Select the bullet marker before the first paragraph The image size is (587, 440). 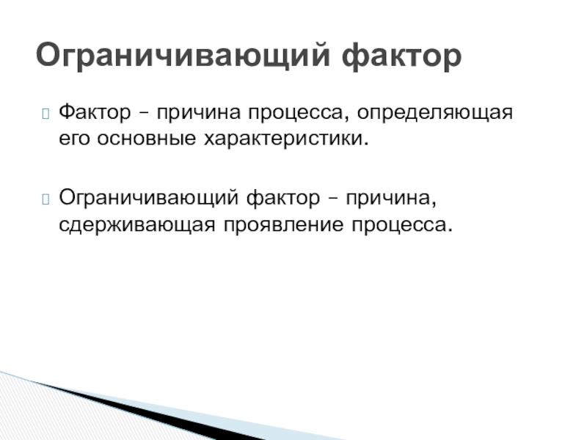pos(45,114)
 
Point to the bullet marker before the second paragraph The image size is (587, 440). pos(45,197)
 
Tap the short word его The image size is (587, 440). pos(73,138)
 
